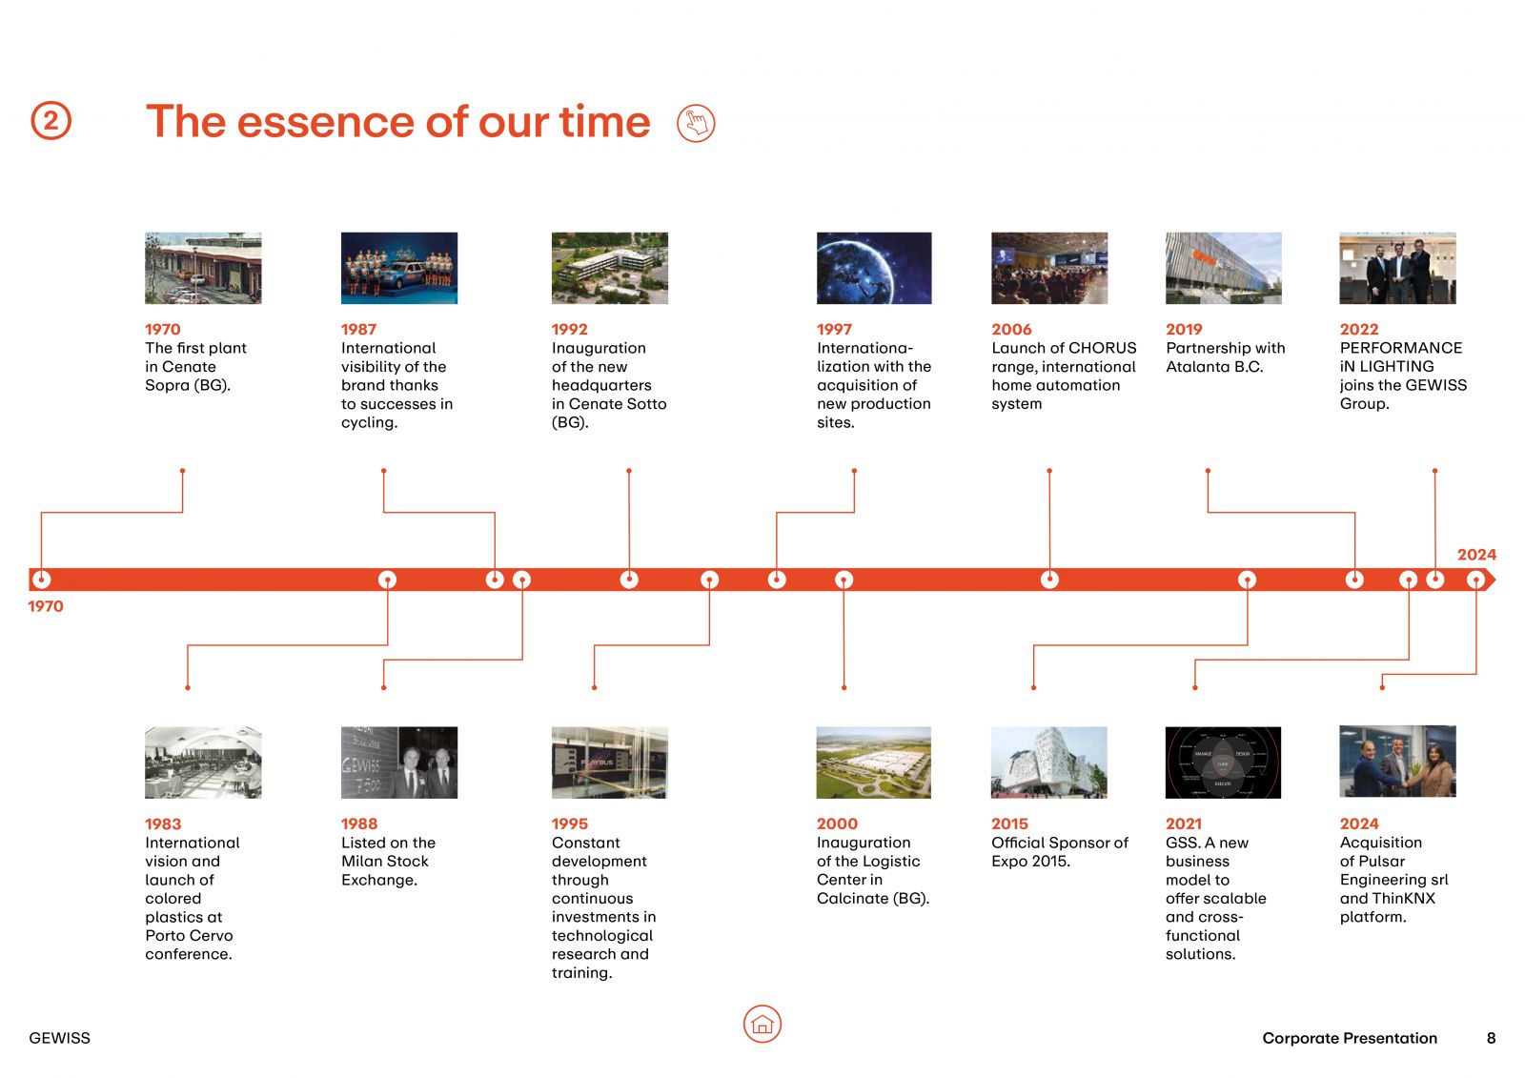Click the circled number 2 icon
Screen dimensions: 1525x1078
pos(51,120)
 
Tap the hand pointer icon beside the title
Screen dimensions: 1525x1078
pos(696,123)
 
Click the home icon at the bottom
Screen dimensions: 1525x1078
pos(762,1024)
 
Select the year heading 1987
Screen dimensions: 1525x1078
pos(358,329)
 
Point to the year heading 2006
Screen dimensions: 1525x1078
pos(1011,329)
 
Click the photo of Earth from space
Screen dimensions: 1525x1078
pos(874,268)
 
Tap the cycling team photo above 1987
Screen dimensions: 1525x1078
pos(399,268)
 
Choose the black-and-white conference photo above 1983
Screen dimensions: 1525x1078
pos(203,762)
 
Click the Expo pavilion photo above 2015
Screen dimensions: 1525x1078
pos(1049,762)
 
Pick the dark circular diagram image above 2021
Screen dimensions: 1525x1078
pos(1224,762)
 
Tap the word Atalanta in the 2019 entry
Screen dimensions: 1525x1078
pos(1197,367)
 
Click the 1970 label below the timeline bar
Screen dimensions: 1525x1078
pos(46,606)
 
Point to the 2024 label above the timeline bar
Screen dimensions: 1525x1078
pos(1476,555)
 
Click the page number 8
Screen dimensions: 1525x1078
pos(1491,1038)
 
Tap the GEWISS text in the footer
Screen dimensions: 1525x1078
pos(59,1038)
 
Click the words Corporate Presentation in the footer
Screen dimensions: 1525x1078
pos(1350,1038)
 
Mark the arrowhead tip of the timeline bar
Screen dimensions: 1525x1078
pos(1495,580)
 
